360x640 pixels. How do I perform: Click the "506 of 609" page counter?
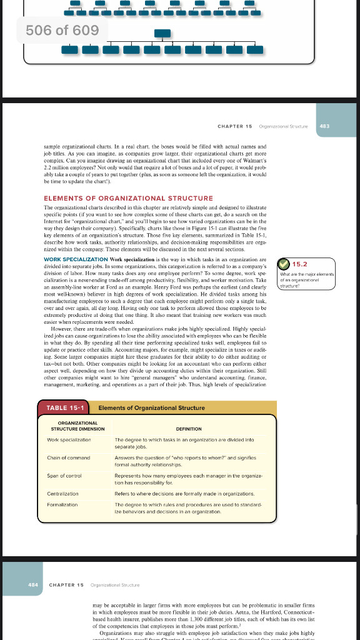pos(62,30)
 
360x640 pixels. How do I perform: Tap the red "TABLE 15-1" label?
pos(66,408)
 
